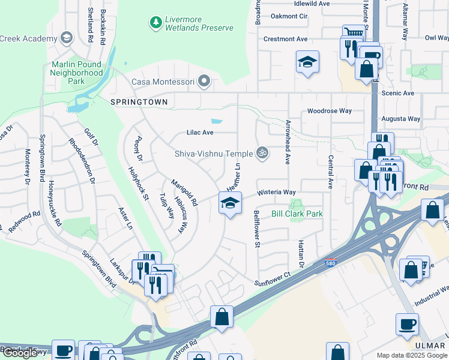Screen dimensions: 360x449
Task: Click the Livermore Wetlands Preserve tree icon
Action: (x=156, y=22)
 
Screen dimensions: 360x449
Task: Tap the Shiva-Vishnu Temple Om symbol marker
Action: (x=261, y=154)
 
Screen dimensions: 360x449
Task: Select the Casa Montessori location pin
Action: (x=205, y=80)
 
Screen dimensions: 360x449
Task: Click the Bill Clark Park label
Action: (x=297, y=214)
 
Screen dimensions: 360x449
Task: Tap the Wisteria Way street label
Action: (x=277, y=193)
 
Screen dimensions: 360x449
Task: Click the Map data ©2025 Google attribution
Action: (x=412, y=355)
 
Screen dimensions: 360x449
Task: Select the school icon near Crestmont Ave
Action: (x=307, y=62)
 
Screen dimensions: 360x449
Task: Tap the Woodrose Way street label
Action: (x=329, y=111)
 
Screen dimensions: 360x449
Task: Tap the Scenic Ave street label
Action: (x=399, y=94)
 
